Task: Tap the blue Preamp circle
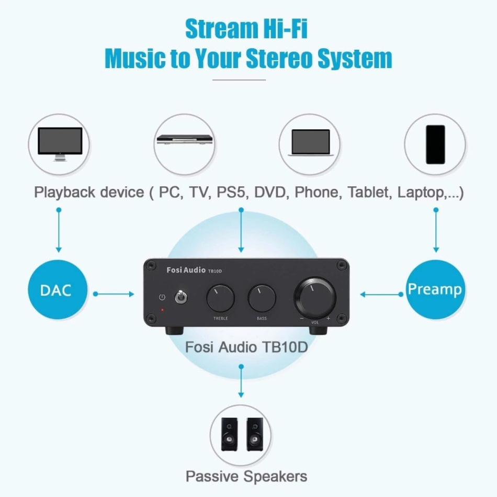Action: click(x=435, y=289)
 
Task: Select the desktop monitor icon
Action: click(x=60, y=143)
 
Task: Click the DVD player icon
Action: click(x=185, y=140)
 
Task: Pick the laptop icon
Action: click(x=310, y=143)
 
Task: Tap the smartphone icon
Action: click(x=435, y=144)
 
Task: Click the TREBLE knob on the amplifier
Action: click(x=220, y=299)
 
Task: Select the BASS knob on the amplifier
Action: click(x=262, y=299)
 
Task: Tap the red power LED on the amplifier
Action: click(x=162, y=310)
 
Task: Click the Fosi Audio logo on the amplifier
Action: click(x=186, y=270)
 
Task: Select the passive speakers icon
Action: click(x=241, y=434)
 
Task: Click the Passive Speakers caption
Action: click(x=246, y=476)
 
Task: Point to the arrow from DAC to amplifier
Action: click(x=114, y=294)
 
